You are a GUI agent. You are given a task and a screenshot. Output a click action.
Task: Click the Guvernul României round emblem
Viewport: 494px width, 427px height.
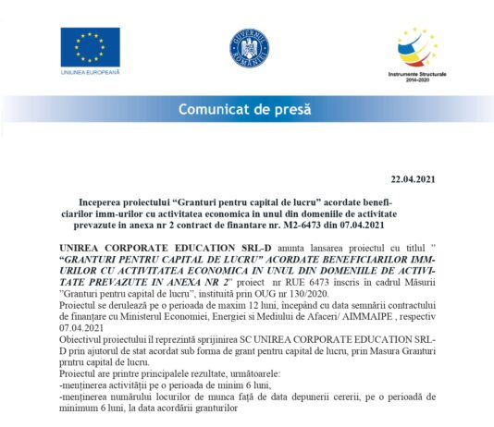click(248, 47)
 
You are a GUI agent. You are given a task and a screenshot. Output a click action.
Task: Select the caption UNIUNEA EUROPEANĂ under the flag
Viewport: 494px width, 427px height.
click(90, 72)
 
